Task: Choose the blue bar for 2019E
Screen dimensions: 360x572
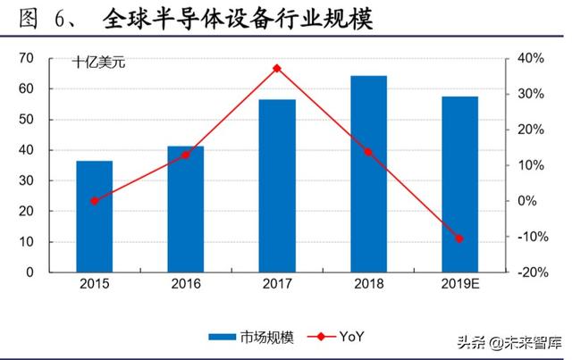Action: coord(459,184)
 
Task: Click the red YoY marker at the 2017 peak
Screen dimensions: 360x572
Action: coord(277,68)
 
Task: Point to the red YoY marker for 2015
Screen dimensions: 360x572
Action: coord(95,201)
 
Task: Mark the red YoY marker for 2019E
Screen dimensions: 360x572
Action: coord(459,239)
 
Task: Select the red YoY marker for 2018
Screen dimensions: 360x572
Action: coord(368,152)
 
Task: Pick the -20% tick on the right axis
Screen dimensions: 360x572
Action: coord(530,272)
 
